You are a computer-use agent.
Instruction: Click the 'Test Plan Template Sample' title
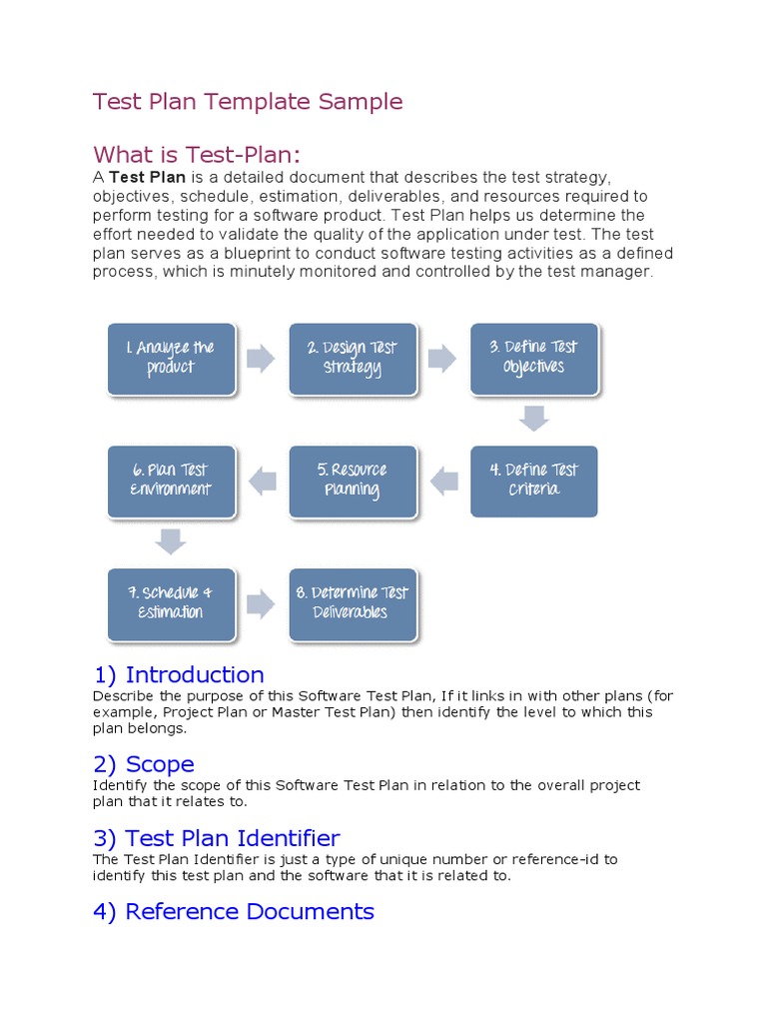(248, 102)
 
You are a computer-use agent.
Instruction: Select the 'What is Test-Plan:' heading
(197, 155)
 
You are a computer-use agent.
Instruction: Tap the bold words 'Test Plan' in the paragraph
(148, 178)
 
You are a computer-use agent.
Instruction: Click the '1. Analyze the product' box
(171, 358)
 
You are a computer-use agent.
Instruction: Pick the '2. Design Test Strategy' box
(353, 358)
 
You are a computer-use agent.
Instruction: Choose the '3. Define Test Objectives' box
(534, 358)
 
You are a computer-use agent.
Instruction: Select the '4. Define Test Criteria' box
(534, 481)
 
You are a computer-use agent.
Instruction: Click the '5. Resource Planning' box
(353, 481)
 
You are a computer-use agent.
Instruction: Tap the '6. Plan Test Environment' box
(171, 481)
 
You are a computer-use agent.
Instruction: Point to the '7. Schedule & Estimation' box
(171, 603)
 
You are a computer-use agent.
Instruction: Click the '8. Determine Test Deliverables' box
(353, 603)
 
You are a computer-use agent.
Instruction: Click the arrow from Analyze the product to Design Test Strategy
(261, 359)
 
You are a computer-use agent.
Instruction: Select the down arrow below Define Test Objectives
(534, 419)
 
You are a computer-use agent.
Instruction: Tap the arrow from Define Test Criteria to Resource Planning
(443, 482)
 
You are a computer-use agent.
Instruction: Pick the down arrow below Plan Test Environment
(171, 541)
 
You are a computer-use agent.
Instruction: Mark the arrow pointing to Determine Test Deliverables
(261, 603)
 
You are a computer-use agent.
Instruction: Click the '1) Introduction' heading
(179, 674)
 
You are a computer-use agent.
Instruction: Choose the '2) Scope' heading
(144, 764)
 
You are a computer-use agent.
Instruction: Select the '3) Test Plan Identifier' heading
(217, 838)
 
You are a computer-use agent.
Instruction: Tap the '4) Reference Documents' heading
(234, 911)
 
